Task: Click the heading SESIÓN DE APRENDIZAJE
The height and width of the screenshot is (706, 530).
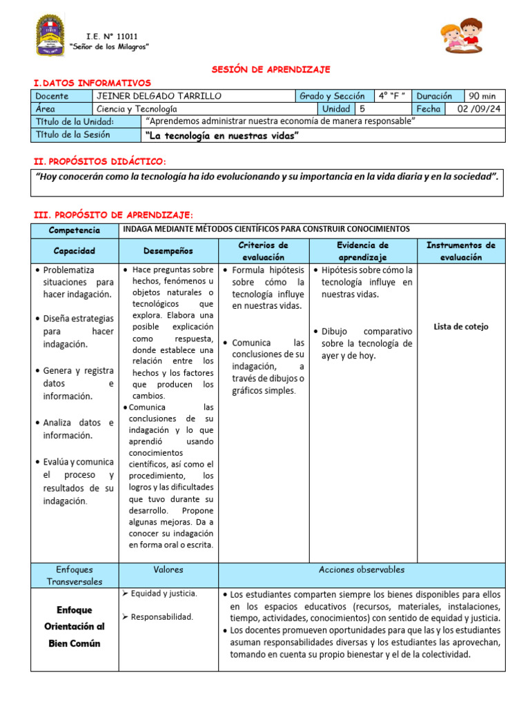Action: pyautogui.click(x=270, y=70)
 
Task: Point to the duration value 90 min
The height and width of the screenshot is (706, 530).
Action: pyautogui.click(x=486, y=96)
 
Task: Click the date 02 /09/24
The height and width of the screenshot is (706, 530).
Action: pyautogui.click(x=477, y=109)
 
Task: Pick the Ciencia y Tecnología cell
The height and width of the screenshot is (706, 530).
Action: pyautogui.click(x=137, y=109)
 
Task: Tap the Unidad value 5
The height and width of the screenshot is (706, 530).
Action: pyautogui.click(x=362, y=109)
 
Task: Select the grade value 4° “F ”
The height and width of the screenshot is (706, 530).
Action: pyautogui.click(x=392, y=96)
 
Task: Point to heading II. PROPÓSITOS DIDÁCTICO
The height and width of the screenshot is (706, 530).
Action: pyautogui.click(x=100, y=161)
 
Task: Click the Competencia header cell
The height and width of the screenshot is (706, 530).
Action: pyautogui.click(x=75, y=230)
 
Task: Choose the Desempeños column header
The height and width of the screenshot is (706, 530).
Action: pyautogui.click(x=168, y=251)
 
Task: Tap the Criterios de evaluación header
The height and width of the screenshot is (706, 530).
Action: pyautogui.click(x=263, y=251)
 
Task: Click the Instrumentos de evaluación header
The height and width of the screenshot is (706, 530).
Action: pyautogui.click(x=460, y=251)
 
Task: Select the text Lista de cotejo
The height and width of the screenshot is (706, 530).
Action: pyautogui.click(x=460, y=326)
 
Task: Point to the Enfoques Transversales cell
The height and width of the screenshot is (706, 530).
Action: pyautogui.click(x=75, y=575)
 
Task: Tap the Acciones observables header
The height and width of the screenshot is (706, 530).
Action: pyautogui.click(x=362, y=569)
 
